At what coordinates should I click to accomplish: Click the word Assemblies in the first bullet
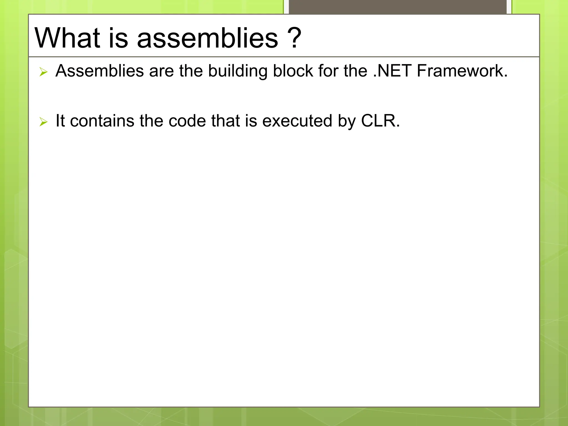[x=100, y=71]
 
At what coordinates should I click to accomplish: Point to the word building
[x=237, y=71]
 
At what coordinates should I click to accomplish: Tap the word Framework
[x=462, y=71]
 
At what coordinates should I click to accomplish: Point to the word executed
[x=297, y=121]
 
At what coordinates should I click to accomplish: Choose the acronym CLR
[x=380, y=121]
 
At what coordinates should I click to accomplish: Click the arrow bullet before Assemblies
[x=44, y=72]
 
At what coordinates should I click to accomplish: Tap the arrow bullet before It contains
[x=44, y=122]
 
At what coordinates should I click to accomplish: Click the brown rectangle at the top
[x=397, y=7]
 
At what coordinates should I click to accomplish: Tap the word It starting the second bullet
[x=60, y=121]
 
